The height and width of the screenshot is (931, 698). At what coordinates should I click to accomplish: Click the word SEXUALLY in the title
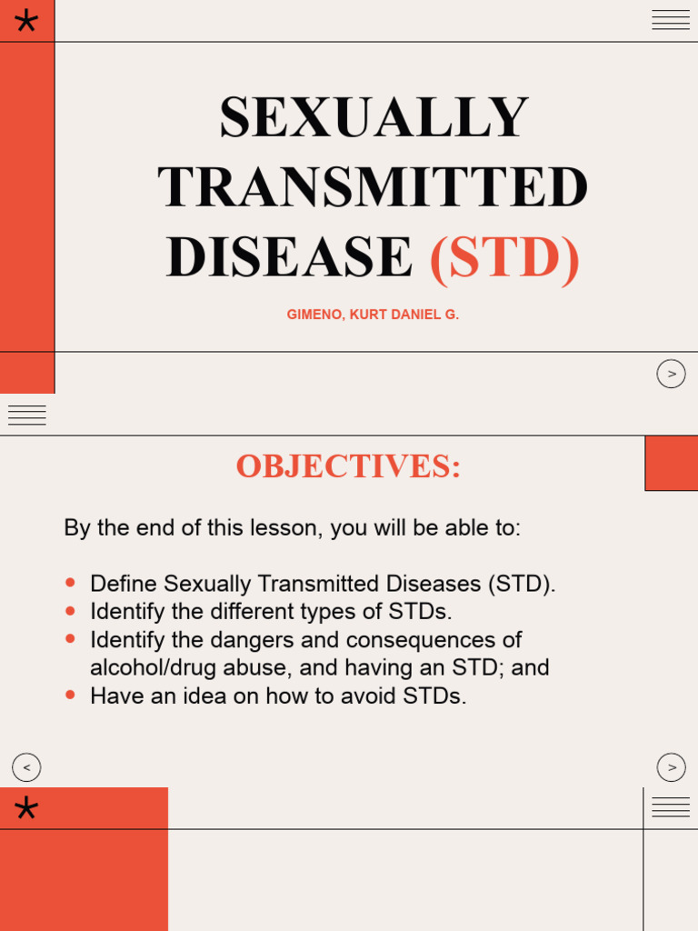tap(374, 117)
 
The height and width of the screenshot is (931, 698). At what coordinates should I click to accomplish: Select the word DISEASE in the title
tap(289, 257)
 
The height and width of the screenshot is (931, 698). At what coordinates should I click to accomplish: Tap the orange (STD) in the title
tap(504, 257)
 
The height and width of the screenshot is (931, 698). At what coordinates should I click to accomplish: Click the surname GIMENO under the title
tap(313, 315)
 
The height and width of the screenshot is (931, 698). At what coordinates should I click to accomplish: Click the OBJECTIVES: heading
tap(348, 466)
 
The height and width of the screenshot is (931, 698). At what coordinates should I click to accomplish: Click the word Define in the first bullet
tap(124, 584)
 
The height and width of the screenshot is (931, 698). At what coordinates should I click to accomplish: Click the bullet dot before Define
tap(71, 582)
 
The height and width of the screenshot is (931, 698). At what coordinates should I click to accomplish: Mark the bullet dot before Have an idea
tap(71, 695)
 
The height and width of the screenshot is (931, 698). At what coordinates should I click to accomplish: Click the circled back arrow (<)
tap(26, 767)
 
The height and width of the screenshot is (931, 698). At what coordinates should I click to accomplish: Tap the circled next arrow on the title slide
tap(671, 374)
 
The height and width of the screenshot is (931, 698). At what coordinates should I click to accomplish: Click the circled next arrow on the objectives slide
tap(671, 767)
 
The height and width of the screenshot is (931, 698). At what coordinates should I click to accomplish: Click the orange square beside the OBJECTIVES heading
tap(671, 463)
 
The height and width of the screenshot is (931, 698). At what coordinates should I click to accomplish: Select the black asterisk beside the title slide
tap(26, 21)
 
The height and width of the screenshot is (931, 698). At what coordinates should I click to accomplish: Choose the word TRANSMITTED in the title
tap(374, 187)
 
